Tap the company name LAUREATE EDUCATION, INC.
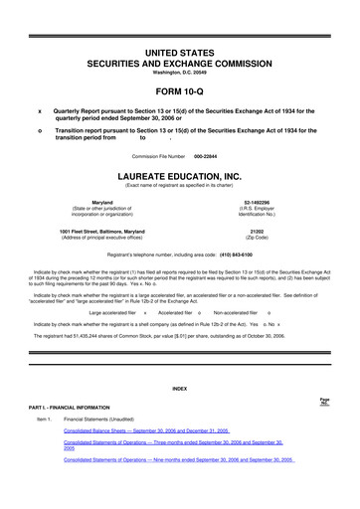tap(180, 176)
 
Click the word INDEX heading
tap(180, 386)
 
